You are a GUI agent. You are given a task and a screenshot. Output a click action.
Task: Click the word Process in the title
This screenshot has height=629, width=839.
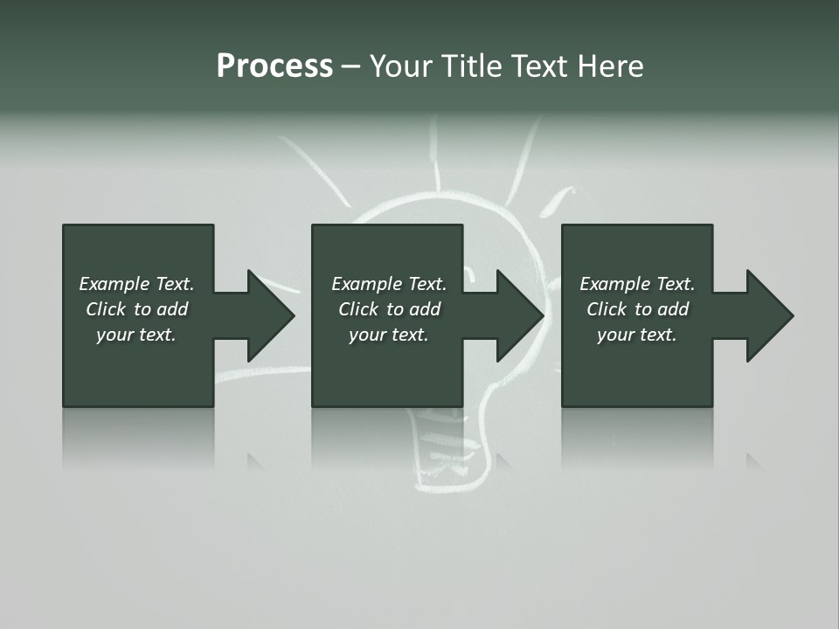tap(274, 66)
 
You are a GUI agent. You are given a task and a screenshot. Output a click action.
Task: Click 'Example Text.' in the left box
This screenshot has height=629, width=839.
tap(136, 284)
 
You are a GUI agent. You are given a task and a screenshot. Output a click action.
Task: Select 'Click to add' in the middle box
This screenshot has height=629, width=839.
tap(389, 309)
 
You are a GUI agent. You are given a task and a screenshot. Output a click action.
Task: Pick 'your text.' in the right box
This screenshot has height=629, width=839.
tap(636, 335)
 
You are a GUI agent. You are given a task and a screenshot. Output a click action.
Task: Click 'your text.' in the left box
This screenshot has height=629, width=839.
tap(136, 335)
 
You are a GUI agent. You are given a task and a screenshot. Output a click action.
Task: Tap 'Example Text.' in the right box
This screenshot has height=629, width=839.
tap(637, 284)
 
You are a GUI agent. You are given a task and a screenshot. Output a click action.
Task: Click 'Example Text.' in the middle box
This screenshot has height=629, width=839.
tap(389, 284)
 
